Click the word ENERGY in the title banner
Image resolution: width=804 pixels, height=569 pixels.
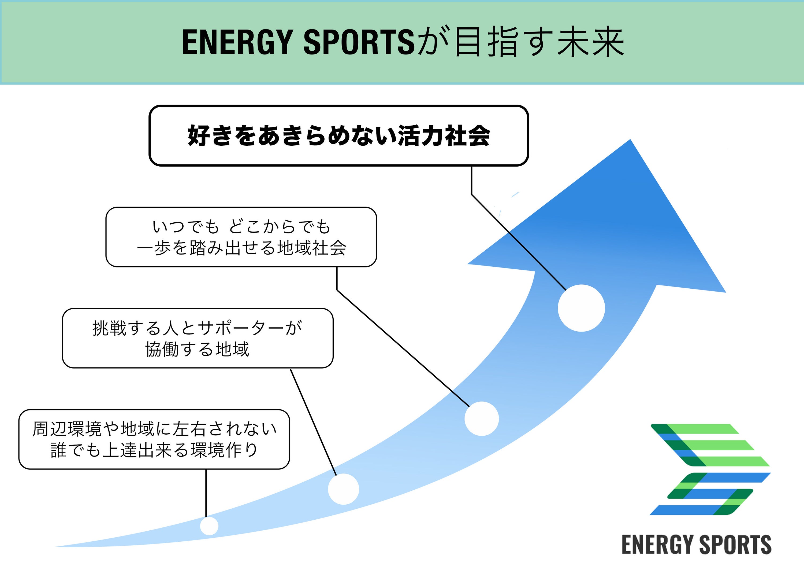point(237,42)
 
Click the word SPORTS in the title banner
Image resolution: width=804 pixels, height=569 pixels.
point(359,42)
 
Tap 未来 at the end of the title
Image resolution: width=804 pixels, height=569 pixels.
point(590,42)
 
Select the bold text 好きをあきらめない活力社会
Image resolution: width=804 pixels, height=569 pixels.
point(339,136)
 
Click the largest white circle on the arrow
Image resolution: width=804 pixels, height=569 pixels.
point(581,308)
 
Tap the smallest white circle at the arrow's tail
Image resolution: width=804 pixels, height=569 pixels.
point(209,526)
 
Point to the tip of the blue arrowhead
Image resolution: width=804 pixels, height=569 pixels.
point(630,140)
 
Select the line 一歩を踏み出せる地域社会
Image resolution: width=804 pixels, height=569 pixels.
point(241,248)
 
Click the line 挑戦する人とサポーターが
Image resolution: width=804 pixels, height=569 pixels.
point(198,328)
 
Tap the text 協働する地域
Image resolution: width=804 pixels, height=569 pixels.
point(198,349)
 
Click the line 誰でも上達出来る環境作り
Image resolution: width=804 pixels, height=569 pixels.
point(154,450)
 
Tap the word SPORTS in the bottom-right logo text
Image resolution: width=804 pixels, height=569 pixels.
point(735,545)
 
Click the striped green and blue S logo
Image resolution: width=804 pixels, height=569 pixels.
point(710,469)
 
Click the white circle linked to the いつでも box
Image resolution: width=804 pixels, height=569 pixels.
point(482,419)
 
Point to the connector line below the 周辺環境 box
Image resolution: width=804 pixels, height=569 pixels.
point(206,493)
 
